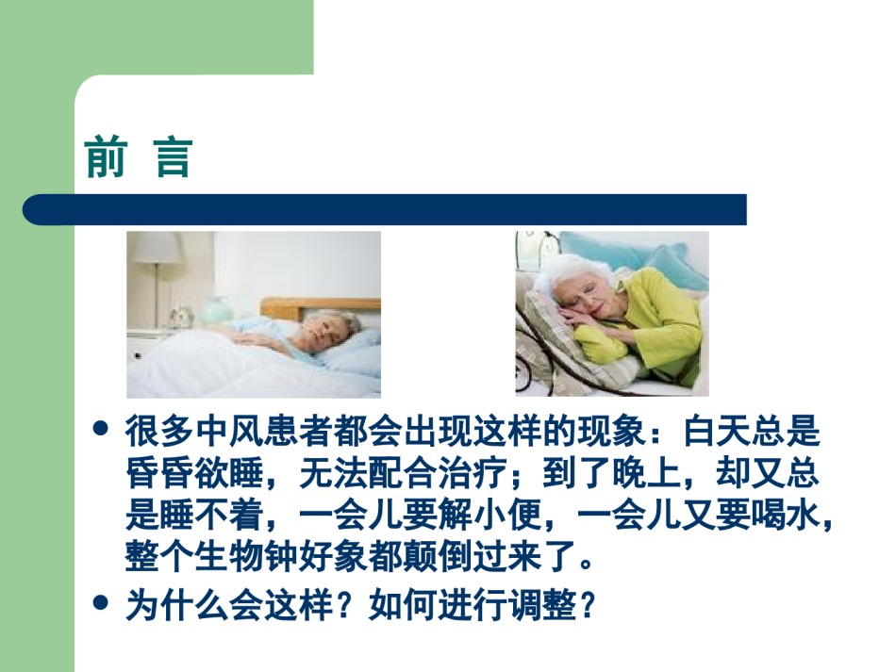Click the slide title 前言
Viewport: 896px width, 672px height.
pyautogui.click(x=139, y=157)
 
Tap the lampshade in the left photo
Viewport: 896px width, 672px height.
pyautogui.click(x=156, y=247)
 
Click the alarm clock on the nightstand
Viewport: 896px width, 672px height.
pyautogui.click(x=183, y=317)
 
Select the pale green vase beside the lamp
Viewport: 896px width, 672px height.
pyautogui.click(x=216, y=310)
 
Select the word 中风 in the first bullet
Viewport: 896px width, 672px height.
pyautogui.click(x=212, y=431)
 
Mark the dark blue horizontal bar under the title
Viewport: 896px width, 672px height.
pyautogui.click(x=385, y=209)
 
